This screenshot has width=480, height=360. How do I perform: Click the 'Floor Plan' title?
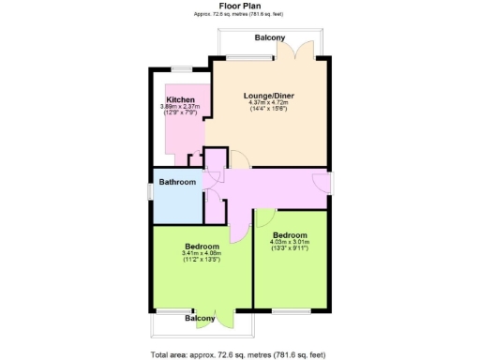click(239, 5)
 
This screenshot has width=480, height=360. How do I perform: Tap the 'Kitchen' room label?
click(180, 99)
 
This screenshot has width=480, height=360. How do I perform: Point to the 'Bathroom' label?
click(176, 182)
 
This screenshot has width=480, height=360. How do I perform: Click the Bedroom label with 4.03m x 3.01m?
click(290, 234)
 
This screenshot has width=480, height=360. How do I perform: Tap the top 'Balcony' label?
click(272, 37)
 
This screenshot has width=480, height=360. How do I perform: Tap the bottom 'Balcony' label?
click(200, 319)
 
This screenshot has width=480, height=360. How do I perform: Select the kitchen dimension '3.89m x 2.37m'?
click(180, 107)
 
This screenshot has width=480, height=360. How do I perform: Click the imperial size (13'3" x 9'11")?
click(290, 249)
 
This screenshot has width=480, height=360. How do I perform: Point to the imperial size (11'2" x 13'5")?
click(202, 260)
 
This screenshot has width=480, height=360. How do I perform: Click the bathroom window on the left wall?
click(152, 191)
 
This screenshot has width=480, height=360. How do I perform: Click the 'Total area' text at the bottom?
click(238, 354)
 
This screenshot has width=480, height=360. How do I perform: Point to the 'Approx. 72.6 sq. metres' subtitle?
click(239, 13)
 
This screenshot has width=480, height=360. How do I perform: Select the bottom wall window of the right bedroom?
click(292, 309)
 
